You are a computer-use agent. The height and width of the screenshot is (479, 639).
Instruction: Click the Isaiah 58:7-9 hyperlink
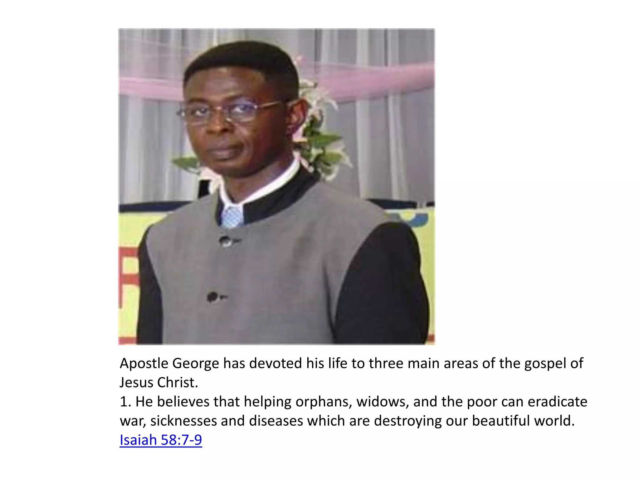tap(161, 440)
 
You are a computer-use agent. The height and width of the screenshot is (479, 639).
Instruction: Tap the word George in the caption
tap(196, 364)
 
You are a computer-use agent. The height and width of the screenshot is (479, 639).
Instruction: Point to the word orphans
tap(324, 402)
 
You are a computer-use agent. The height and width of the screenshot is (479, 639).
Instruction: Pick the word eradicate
tap(557, 402)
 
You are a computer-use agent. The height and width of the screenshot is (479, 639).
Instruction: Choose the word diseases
tap(276, 421)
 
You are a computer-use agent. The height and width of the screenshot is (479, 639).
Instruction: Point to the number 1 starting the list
tap(124, 402)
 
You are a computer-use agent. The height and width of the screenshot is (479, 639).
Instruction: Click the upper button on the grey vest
tap(225, 241)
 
